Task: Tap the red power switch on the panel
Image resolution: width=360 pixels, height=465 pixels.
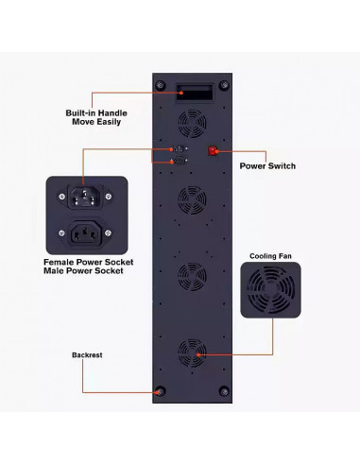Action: click(214, 151)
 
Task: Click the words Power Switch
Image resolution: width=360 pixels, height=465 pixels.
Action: click(267, 165)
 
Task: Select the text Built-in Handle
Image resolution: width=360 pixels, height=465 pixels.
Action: click(96, 112)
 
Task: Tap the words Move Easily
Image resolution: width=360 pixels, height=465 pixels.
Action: click(96, 123)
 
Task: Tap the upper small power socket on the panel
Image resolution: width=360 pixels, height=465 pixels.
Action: click(179, 150)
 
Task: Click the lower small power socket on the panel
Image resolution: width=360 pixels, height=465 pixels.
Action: click(179, 162)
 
